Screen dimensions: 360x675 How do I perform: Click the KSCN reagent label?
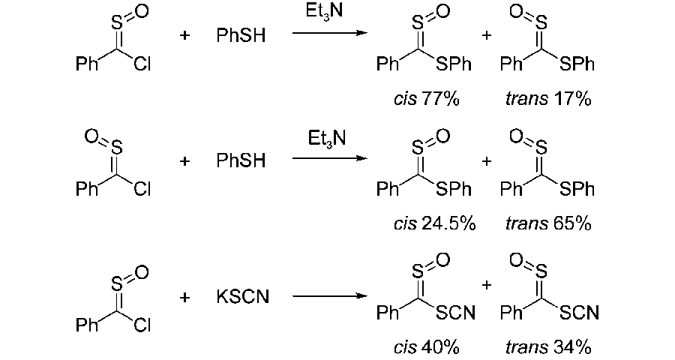pyautogui.click(x=243, y=298)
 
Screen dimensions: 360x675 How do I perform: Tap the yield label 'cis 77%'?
pyautogui.click(x=426, y=100)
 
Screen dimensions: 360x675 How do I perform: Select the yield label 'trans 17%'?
pyautogui.click(x=548, y=100)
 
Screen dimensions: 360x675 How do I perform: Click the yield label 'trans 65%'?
pyautogui.click(x=549, y=223)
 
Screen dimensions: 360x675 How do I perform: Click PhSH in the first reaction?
pyautogui.click(x=241, y=36)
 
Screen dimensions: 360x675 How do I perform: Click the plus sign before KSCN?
pyautogui.click(x=184, y=298)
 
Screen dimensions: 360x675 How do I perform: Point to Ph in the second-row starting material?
pyautogui.click(x=87, y=190)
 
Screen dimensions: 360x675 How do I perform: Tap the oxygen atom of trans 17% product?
pyautogui.click(x=515, y=12)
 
